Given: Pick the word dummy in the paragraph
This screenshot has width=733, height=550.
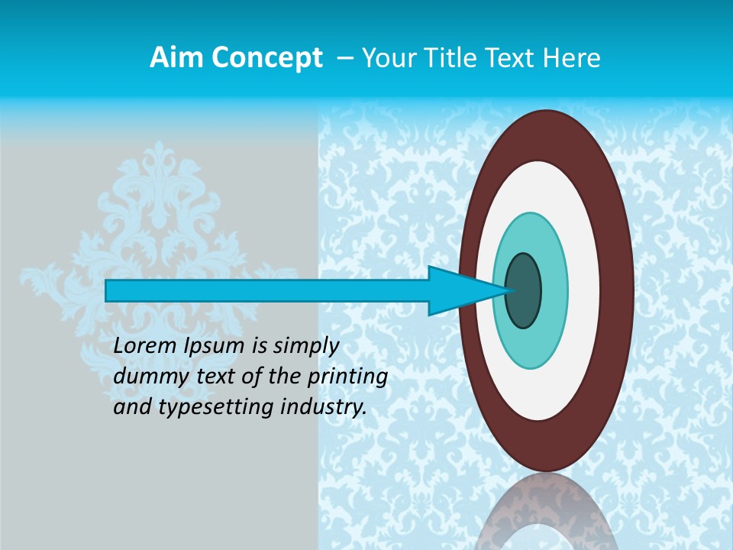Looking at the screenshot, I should click(147, 377).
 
